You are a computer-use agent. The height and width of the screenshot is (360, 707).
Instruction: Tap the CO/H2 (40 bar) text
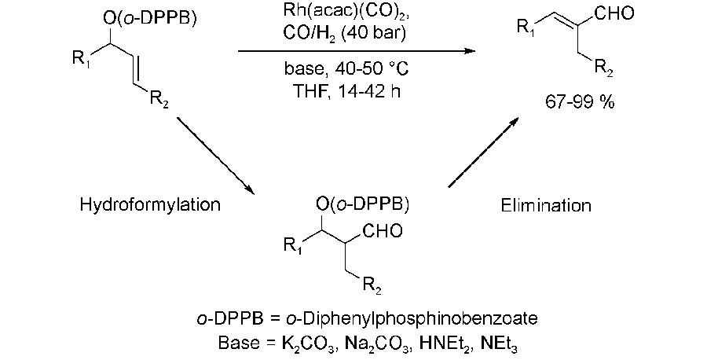[345, 35]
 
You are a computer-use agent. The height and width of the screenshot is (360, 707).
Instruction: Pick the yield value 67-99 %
[579, 102]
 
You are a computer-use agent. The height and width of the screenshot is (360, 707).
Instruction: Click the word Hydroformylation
[150, 205]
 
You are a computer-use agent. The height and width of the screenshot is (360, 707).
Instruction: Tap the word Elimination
[546, 205]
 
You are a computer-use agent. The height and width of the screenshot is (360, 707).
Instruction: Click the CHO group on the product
[614, 14]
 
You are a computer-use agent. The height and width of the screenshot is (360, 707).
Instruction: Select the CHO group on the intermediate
[383, 231]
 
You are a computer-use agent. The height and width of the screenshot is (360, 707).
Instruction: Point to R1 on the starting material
[81, 61]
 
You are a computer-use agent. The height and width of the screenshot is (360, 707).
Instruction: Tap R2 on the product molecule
[603, 68]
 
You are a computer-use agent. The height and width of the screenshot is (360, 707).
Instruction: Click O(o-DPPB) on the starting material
[148, 20]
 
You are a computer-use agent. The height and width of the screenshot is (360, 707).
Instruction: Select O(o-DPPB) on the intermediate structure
[361, 205]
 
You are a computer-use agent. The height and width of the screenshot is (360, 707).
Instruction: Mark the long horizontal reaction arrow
[357, 51]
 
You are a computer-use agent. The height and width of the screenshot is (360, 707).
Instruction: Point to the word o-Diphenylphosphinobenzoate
[412, 319]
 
